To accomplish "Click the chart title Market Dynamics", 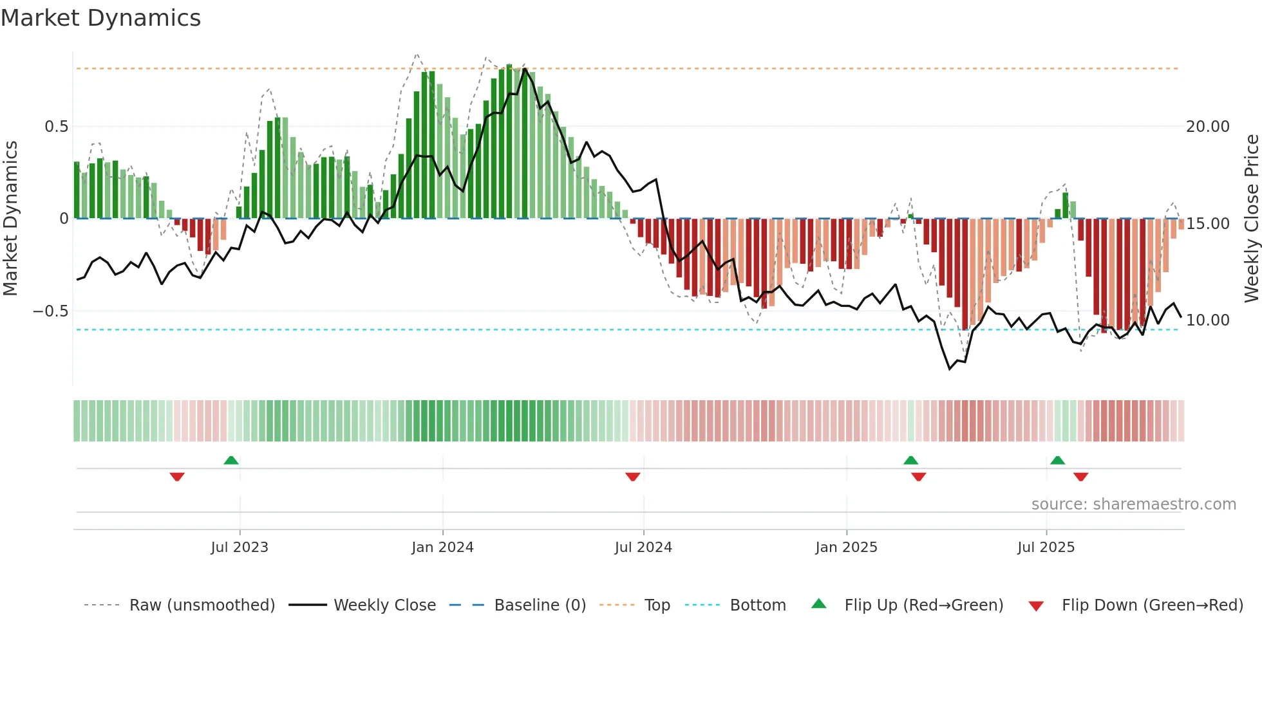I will tap(101, 18).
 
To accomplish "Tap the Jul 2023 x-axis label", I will tap(240, 548).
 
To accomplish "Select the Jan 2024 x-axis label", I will tap(442, 548).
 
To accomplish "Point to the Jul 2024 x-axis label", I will tap(643, 548).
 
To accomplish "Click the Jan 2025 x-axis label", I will tap(846, 548).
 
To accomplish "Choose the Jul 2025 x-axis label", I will tap(1046, 548).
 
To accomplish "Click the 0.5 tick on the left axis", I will tap(56, 127).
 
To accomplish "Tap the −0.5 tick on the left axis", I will tap(50, 311).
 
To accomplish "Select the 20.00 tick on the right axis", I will tap(1207, 127).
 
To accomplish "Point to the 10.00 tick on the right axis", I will tap(1207, 320).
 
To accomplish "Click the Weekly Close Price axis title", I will tap(1251, 219).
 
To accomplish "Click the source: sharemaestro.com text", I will tap(1133, 504).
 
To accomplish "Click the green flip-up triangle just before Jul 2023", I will tap(231, 460).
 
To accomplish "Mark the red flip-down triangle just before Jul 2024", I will tap(633, 477).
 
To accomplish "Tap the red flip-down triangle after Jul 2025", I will tap(1080, 477).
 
